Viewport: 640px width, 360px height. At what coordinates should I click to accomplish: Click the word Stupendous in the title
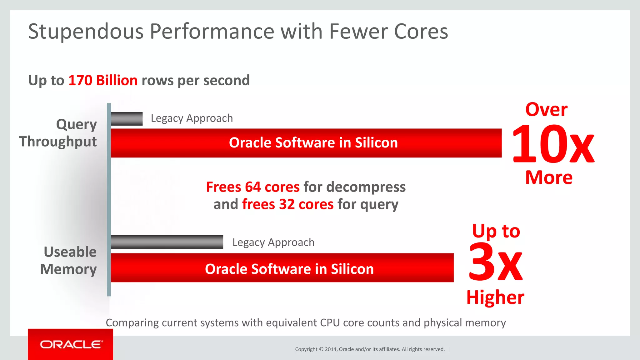click(x=86, y=32)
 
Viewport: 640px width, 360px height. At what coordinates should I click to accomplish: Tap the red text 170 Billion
click(x=103, y=80)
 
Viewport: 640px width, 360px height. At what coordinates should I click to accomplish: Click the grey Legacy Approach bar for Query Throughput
click(x=127, y=119)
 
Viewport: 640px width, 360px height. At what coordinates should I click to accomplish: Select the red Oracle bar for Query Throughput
click(x=306, y=143)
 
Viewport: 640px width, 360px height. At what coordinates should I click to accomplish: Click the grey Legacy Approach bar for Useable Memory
click(x=167, y=242)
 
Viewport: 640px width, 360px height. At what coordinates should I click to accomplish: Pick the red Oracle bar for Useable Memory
click(x=282, y=268)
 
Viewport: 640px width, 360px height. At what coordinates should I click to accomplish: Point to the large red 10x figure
click(x=552, y=144)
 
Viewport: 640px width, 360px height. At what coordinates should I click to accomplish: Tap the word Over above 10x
click(x=546, y=110)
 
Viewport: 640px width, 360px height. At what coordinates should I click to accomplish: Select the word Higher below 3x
click(x=495, y=297)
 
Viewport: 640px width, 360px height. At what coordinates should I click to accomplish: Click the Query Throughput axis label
click(x=58, y=133)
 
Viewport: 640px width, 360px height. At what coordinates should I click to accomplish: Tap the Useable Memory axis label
click(x=69, y=260)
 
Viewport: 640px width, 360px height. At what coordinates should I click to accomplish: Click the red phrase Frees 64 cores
click(x=252, y=187)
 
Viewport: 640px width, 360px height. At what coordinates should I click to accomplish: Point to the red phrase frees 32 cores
click(x=287, y=204)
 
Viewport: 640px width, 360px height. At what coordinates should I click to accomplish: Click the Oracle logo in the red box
click(x=71, y=344)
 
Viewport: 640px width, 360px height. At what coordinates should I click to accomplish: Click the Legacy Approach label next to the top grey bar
click(x=192, y=118)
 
